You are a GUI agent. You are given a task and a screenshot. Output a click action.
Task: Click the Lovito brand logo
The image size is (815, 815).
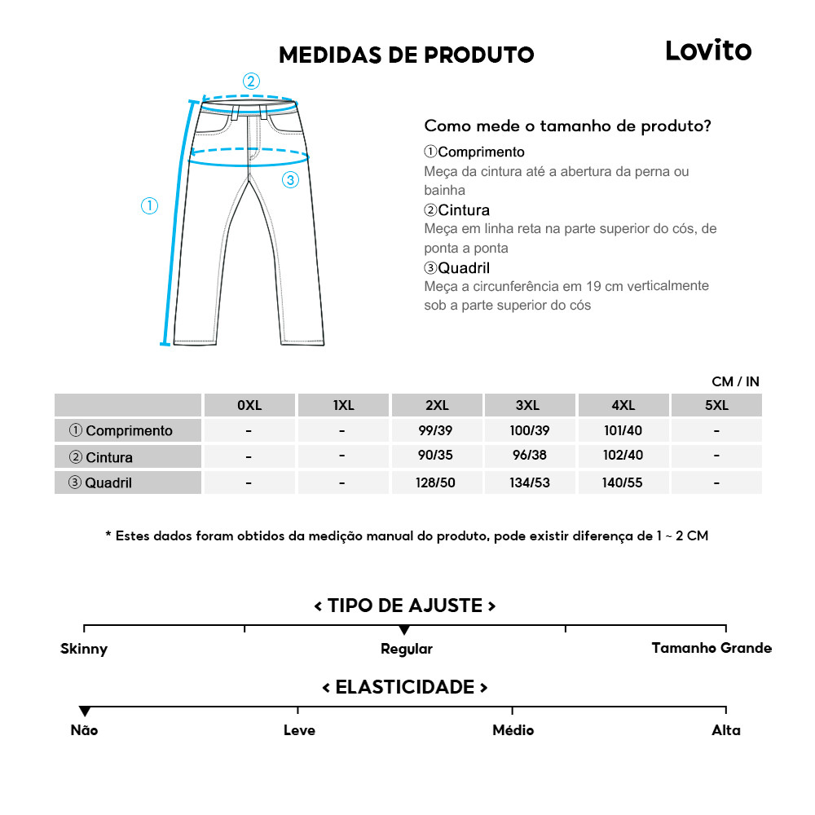[x=708, y=51]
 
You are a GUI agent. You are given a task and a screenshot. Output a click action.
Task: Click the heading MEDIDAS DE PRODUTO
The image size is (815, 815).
[x=407, y=55]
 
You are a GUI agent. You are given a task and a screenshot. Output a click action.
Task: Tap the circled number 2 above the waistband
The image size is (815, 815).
[x=251, y=81]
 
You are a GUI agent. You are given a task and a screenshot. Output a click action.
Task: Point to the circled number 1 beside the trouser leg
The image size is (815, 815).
[x=149, y=206]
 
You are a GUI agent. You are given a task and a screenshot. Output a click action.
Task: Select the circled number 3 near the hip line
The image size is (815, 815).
[x=291, y=180]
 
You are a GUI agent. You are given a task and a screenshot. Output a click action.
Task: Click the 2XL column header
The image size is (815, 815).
[x=436, y=405]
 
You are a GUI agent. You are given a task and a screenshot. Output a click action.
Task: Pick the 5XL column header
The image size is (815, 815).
[x=716, y=405]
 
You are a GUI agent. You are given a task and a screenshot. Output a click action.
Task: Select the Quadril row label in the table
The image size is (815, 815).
[x=100, y=482]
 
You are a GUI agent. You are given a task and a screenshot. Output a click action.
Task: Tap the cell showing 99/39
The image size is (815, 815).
[x=436, y=430]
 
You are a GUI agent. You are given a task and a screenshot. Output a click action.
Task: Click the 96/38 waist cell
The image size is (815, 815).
[x=530, y=456]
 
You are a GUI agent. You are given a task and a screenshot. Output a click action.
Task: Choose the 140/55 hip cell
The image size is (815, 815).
[x=623, y=482]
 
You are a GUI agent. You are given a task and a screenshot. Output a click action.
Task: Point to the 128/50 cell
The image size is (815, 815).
[x=436, y=482]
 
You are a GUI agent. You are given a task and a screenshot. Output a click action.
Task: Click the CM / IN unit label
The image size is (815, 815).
[x=735, y=381]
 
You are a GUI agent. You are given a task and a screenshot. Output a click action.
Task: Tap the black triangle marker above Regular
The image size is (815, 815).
[x=404, y=630]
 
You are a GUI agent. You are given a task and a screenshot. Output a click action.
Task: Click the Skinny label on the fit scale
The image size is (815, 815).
[x=84, y=649]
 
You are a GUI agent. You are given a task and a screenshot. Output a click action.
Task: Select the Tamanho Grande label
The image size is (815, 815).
[x=711, y=648]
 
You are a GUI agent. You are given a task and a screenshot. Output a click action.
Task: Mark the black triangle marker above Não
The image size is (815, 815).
[x=85, y=711]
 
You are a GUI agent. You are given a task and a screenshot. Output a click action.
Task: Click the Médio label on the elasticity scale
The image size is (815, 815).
[x=513, y=730]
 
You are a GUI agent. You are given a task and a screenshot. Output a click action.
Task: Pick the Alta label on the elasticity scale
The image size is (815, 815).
[x=726, y=730]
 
